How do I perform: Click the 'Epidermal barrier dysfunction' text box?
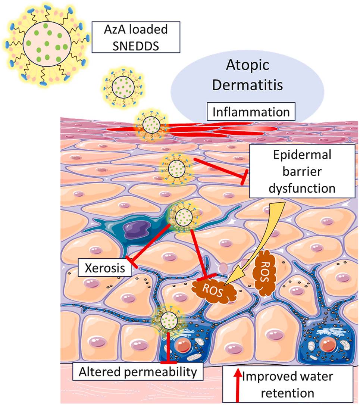302,171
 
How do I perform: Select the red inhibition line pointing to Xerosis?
149,244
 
